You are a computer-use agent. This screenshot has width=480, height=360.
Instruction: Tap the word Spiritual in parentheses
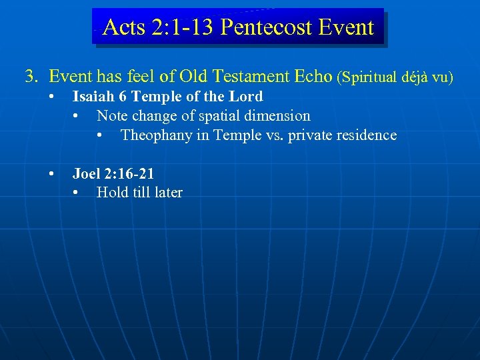point(369,77)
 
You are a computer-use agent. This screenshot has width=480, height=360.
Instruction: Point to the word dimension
point(279,116)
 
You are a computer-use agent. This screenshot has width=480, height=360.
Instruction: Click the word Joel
point(85,174)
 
